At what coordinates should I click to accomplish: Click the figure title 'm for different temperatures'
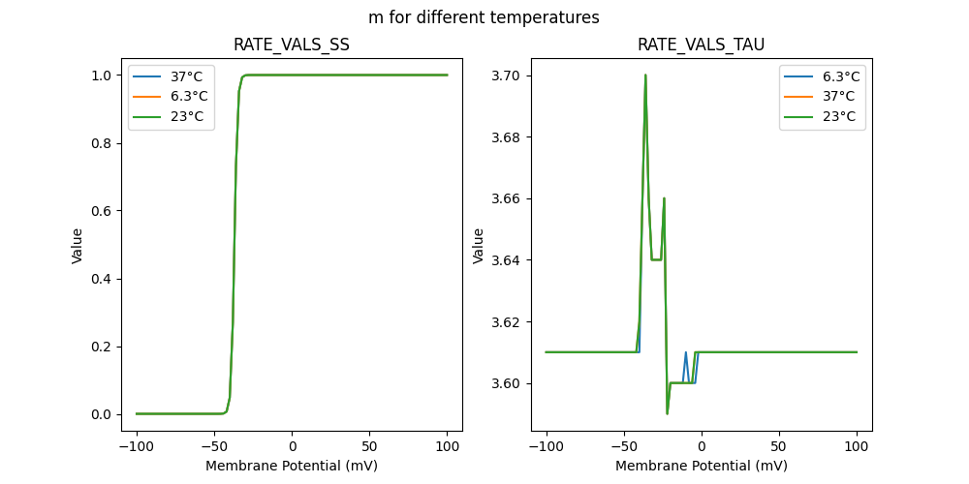tap(484, 17)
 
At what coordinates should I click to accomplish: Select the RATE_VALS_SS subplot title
tap(292, 45)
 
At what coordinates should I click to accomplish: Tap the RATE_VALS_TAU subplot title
tap(701, 45)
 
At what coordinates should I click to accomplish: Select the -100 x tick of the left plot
tap(137, 446)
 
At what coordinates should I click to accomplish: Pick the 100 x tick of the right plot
tap(857, 446)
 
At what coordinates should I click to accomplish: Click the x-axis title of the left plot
tap(292, 466)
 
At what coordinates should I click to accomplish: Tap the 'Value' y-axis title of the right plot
tap(478, 246)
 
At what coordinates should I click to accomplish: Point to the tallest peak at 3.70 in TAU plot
tap(645, 76)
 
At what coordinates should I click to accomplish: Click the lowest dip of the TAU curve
tap(668, 413)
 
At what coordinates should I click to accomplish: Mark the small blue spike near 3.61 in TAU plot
tap(685, 352)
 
